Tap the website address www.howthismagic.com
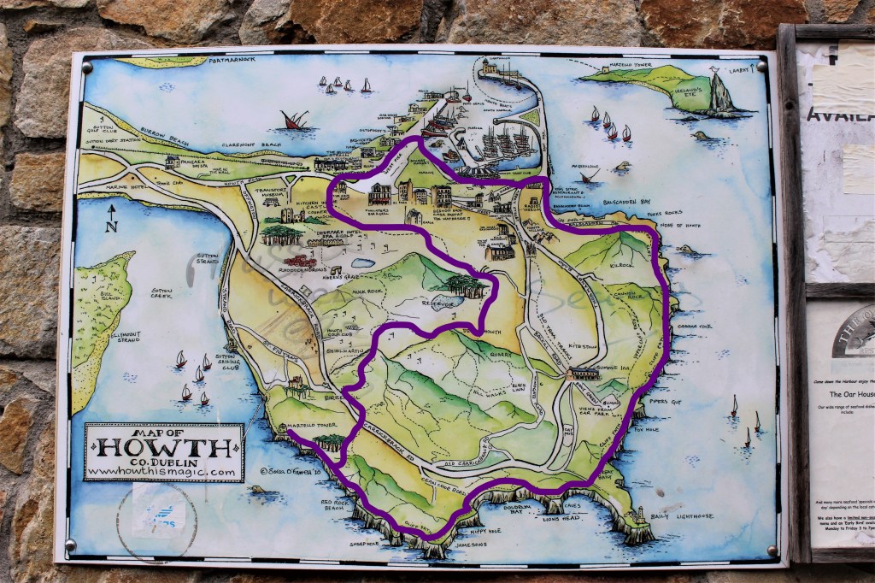pyautogui.click(x=161, y=471)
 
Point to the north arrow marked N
pyautogui.click(x=110, y=216)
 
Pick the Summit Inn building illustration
pyautogui.click(x=584, y=374)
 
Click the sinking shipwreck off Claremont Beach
pyautogui.click(x=295, y=121)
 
